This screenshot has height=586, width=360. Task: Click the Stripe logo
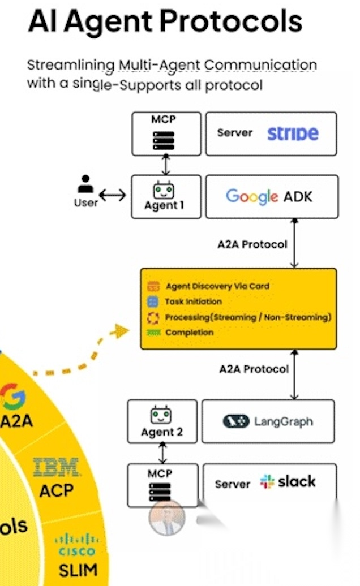293,133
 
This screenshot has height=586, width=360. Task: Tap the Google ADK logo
269,197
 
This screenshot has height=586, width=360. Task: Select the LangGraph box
268,421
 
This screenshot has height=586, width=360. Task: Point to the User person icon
85,185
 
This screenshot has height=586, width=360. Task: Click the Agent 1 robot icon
164,190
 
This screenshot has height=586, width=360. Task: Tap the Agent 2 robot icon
161,417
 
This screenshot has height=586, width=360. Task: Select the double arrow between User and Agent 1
113,196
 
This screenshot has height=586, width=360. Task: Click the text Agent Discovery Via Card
217,286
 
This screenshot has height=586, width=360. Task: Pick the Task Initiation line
193,301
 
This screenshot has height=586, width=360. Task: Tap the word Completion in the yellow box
189,332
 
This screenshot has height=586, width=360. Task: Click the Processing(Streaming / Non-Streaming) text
248,317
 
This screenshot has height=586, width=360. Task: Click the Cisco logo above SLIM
76,545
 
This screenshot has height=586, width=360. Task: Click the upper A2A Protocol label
252,245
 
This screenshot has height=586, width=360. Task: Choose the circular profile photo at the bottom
167,518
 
